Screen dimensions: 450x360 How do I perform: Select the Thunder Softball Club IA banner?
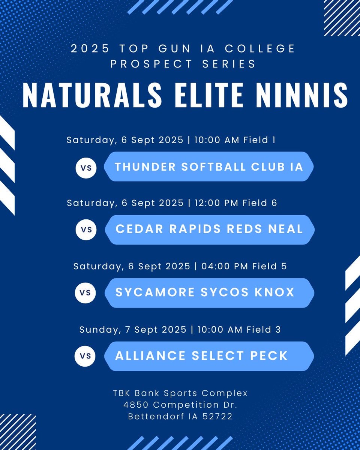pos(208,166)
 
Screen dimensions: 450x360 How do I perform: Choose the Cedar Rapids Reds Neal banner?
pos(209,229)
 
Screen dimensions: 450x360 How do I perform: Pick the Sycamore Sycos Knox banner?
pos(209,292)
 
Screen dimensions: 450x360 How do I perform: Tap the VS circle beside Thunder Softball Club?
pos(86,168)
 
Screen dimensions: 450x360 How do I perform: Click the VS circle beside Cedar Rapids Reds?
pos(86,229)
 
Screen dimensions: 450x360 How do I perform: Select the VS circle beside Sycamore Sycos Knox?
pos(85,292)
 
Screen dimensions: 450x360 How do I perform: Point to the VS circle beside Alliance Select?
pos(85,356)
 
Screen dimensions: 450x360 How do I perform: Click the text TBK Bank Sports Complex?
pos(180,393)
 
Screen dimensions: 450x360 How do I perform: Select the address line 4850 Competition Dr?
pos(180,405)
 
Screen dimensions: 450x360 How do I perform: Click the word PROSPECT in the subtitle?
pos(148,63)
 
